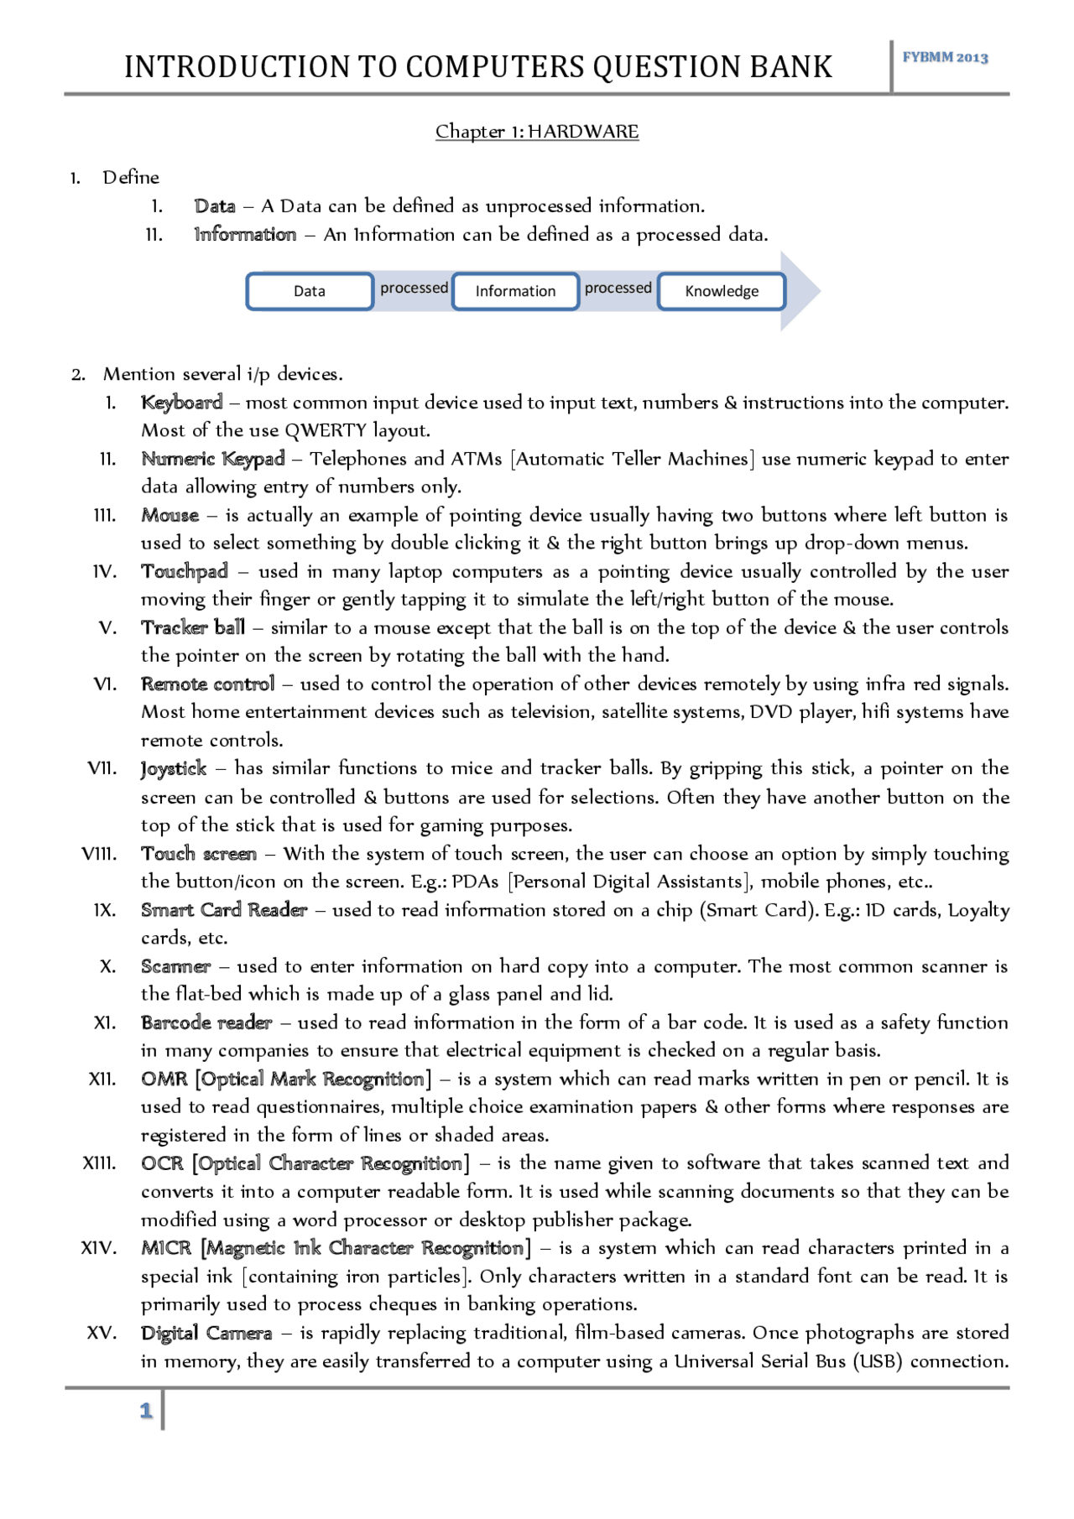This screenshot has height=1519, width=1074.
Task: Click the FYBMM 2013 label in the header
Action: point(945,58)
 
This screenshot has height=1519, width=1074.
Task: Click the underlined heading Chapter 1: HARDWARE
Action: point(537,132)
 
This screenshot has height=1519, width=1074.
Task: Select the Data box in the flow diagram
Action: point(310,291)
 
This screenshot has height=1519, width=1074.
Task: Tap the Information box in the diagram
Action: point(515,291)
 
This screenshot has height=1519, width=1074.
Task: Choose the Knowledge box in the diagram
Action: point(722,291)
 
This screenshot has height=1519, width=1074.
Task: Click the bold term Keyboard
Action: point(182,403)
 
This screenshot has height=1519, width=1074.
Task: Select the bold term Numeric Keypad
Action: point(213,459)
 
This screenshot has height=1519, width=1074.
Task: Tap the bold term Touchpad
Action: point(185,571)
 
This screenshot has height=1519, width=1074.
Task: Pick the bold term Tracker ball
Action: point(193,627)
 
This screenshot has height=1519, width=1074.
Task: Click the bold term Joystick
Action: point(174,768)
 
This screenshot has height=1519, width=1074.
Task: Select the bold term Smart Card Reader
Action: point(224,910)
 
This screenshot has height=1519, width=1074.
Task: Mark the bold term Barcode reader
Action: point(206,1022)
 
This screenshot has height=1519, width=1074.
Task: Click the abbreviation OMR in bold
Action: point(164,1079)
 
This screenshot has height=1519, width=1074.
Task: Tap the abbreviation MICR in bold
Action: point(166,1248)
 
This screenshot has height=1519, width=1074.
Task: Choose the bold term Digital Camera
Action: point(206,1333)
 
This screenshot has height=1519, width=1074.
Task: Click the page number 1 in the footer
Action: point(146,1411)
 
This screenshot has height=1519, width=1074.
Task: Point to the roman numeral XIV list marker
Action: point(98,1248)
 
